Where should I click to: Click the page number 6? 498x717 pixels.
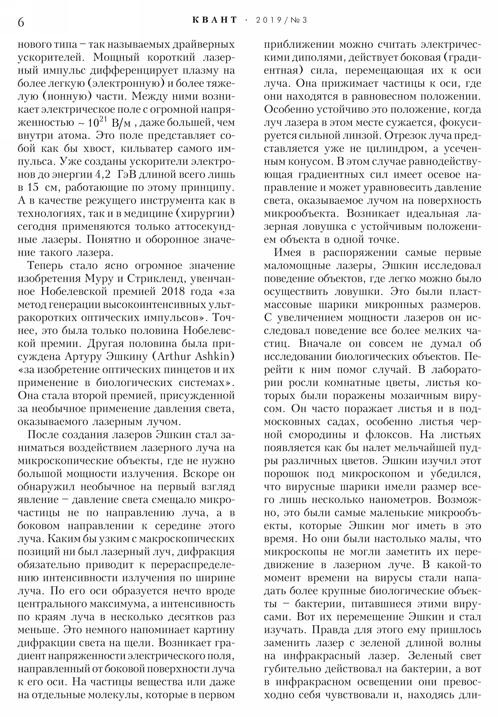pyautogui.click(x=21, y=22)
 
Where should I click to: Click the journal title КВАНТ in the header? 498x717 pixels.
pyautogui.click(x=214, y=20)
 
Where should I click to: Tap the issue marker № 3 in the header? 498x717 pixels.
pyautogui.click(x=299, y=20)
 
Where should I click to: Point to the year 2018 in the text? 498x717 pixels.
pyautogui.click(x=175, y=292)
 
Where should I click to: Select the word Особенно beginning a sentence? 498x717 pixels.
pyautogui.click(x=289, y=110)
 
